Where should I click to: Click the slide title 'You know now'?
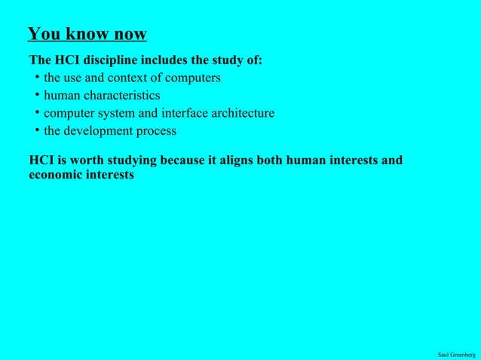87,34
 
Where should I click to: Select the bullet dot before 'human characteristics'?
36,95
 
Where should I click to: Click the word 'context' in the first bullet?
129,78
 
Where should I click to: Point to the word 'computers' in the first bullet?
193,78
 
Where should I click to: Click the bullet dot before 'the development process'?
36,131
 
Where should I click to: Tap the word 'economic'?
54,175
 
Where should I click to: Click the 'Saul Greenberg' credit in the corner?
456,354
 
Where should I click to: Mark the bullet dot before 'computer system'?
36,113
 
